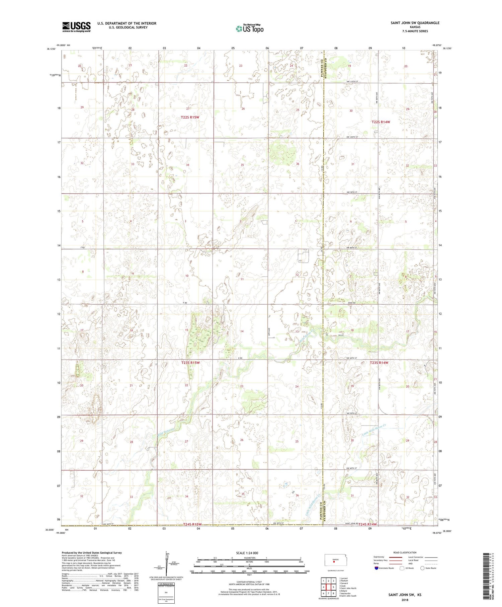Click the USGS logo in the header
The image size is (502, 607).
[76, 27]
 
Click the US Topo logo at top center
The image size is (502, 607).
[249, 29]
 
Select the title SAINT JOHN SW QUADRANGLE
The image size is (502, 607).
[415, 23]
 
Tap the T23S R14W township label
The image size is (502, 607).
[380, 363]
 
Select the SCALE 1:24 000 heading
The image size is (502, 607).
[249, 553]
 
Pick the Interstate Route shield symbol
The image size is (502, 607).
[376, 568]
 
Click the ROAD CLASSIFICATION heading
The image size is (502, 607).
[405, 552]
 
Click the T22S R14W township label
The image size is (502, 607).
[381, 122]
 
